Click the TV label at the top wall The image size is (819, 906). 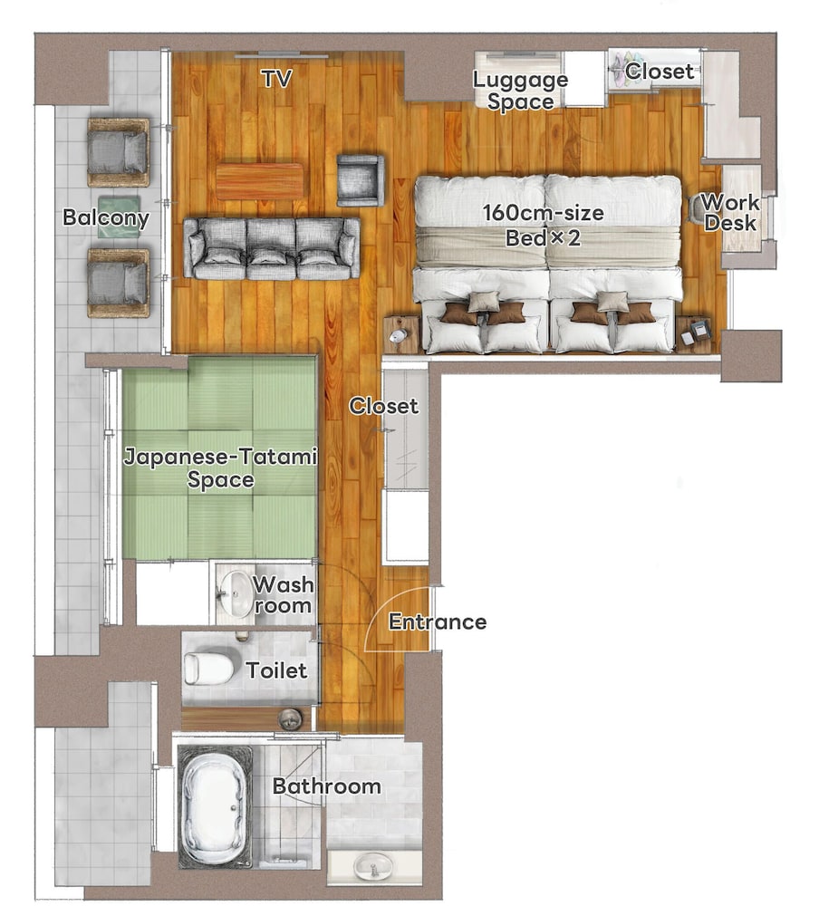coord(276,79)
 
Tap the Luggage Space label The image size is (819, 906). coord(520,91)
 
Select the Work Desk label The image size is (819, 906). coord(730,212)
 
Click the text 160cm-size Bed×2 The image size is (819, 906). coord(543,226)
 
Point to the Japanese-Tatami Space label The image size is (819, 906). coord(220,469)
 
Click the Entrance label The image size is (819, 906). coord(438,622)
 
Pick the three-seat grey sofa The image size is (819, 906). coord(272,248)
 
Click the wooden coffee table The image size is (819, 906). coord(260,180)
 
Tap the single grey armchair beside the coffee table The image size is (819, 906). coord(361,179)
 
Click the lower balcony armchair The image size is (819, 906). coord(119,283)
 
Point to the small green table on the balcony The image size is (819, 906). coord(119,217)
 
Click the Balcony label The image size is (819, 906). coord(106,218)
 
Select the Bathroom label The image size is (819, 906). coord(326,786)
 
